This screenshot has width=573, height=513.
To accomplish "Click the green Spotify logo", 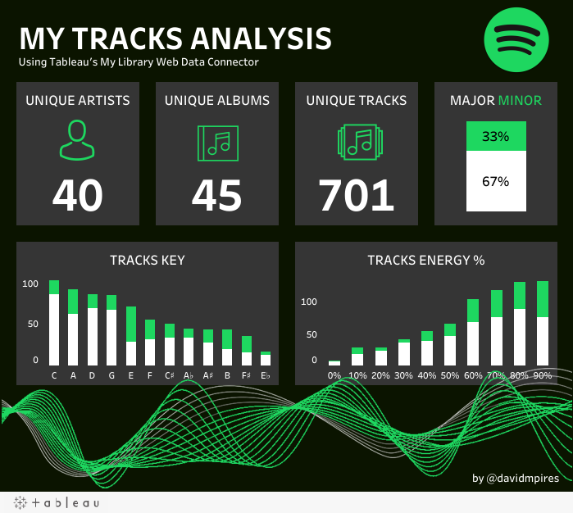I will pyautogui.click(x=515, y=39).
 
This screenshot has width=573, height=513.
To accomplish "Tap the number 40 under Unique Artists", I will pyautogui.click(x=78, y=195).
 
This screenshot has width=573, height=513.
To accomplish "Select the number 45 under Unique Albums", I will pyautogui.click(x=217, y=195).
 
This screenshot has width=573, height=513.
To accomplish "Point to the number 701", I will pyautogui.click(x=357, y=195).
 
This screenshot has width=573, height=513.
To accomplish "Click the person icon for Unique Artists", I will pyautogui.click(x=77, y=140).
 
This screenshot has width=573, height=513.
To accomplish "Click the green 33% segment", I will pyautogui.click(x=495, y=137).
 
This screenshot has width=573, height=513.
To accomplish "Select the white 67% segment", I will pyautogui.click(x=495, y=181).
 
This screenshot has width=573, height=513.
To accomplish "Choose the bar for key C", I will pyautogui.click(x=54, y=323).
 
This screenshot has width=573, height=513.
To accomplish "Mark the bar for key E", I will pyautogui.click(x=131, y=336).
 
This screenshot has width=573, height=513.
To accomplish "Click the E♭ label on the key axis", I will pyautogui.click(x=266, y=376).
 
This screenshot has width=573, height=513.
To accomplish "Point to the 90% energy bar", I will pyautogui.click(x=542, y=324).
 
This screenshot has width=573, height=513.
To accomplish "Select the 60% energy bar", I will pyautogui.click(x=473, y=333).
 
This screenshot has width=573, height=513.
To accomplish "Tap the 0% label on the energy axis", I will pyautogui.click(x=334, y=376).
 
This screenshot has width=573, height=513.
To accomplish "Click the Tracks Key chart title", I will pyautogui.click(x=148, y=261).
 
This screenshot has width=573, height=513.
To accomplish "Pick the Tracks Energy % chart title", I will pyautogui.click(x=426, y=261).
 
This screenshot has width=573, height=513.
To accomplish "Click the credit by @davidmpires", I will pyautogui.click(x=516, y=478).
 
